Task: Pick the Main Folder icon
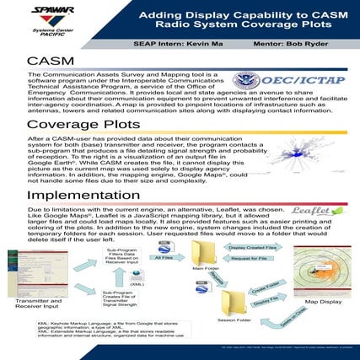point(206,256)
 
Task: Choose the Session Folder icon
point(231,301)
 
